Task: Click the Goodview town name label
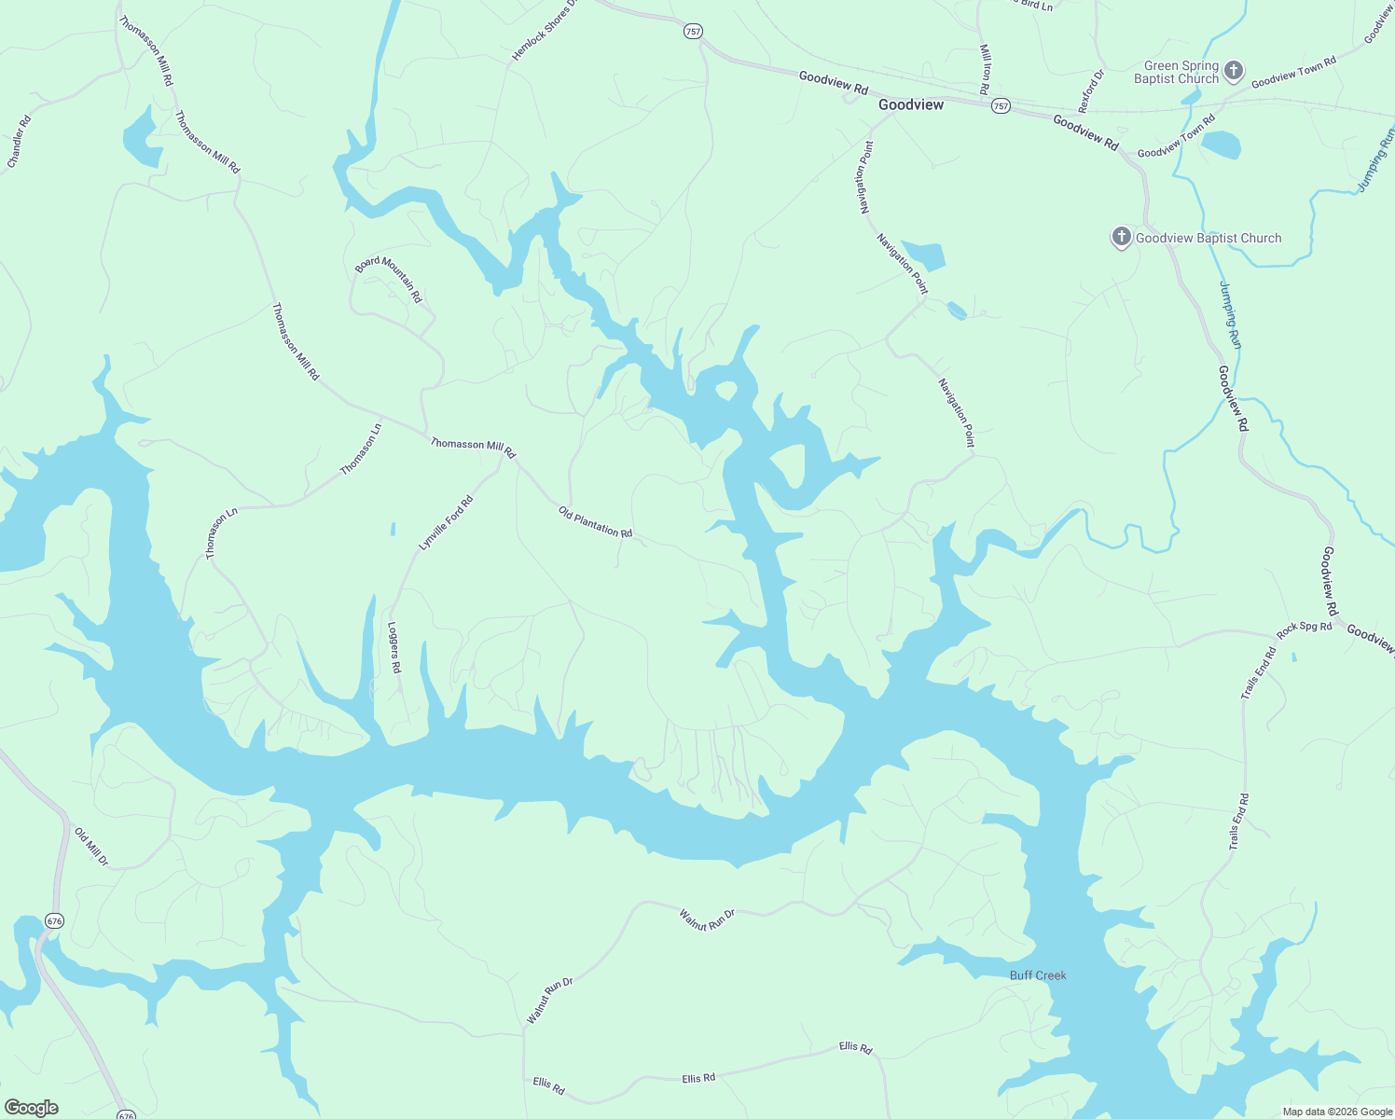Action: [x=911, y=105]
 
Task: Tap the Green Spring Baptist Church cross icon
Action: [x=1234, y=71]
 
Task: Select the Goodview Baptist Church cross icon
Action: [x=1121, y=237]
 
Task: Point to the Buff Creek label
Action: [x=1038, y=975]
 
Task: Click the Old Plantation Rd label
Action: [x=595, y=522]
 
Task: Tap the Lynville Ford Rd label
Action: [x=446, y=523]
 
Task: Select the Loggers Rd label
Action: [x=394, y=647]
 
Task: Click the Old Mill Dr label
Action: [x=91, y=847]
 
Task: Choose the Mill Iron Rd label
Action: [x=985, y=69]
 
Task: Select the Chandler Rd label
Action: [x=20, y=142]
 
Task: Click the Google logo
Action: [x=31, y=1108]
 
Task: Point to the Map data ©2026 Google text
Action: [x=1336, y=1112]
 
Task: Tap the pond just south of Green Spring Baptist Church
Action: [x=1221, y=145]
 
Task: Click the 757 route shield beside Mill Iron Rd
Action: [x=1001, y=106]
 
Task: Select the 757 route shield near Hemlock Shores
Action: [x=693, y=32]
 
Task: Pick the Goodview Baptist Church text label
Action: [x=1209, y=238]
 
